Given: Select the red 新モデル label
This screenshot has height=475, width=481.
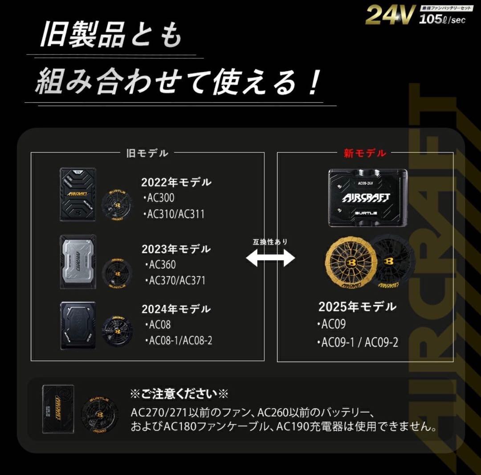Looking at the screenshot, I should pyautogui.click(x=365, y=153).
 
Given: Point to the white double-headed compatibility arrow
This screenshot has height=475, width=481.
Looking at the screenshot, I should pyautogui.click(x=270, y=258).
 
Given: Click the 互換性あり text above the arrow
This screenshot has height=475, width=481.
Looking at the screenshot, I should pyautogui.click(x=270, y=242).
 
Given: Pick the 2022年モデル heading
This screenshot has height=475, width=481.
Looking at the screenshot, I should pyautogui.click(x=176, y=182).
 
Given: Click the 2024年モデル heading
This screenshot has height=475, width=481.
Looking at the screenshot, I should pyautogui.click(x=176, y=309).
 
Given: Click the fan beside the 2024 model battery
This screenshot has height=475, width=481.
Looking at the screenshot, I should pyautogui.click(x=116, y=330).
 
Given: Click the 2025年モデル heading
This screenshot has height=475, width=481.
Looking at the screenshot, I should pyautogui.click(x=357, y=307).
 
